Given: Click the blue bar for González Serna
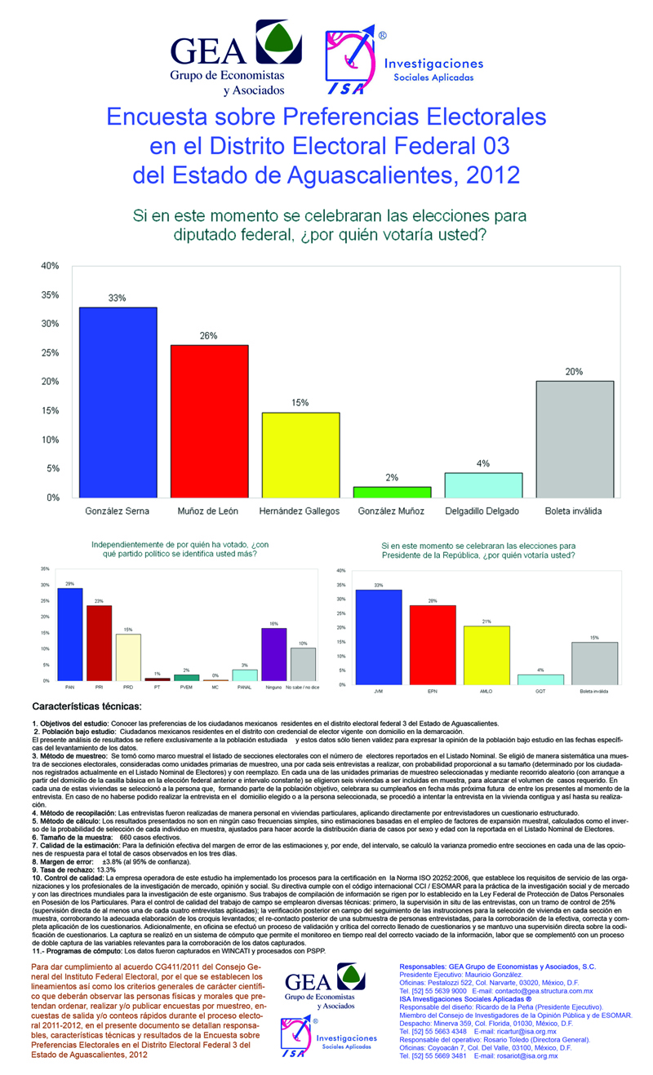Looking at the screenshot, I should pyautogui.click(x=118, y=401).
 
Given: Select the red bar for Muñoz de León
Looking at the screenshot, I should pyautogui.click(x=209, y=421).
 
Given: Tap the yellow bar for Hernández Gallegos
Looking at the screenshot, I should pyautogui.click(x=300, y=454).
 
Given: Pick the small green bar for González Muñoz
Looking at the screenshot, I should pyautogui.click(x=392, y=492).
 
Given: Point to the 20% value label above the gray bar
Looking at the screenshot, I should pyautogui.click(x=574, y=372).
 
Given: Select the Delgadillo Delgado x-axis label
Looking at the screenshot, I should pyautogui.click(x=482, y=511).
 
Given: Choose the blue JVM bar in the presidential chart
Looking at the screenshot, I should pyautogui.click(x=380, y=636).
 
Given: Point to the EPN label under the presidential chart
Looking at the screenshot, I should pyautogui.click(x=433, y=692).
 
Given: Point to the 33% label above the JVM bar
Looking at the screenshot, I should pyautogui.click(x=379, y=585).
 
